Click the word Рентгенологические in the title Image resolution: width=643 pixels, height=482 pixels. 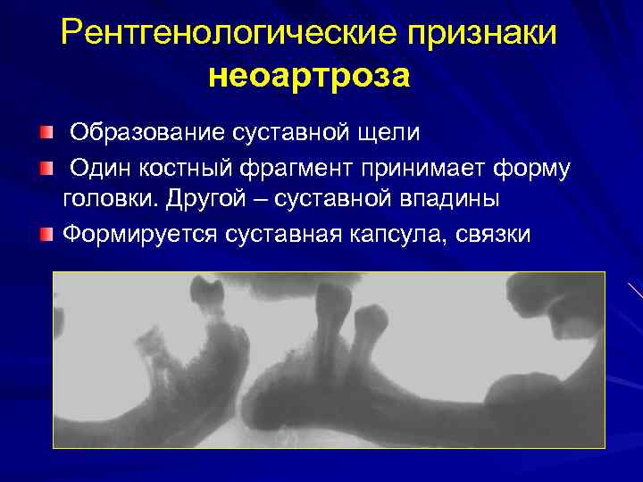tap(227, 34)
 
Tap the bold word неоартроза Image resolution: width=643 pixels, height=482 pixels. tap(309, 77)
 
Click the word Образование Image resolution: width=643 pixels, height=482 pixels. tap(146, 133)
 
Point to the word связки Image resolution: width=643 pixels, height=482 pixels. tap(493, 234)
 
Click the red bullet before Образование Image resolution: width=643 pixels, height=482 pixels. tap(46, 134)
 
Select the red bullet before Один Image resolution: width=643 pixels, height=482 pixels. tap(46, 168)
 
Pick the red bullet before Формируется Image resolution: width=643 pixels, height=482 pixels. tap(46, 235)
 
